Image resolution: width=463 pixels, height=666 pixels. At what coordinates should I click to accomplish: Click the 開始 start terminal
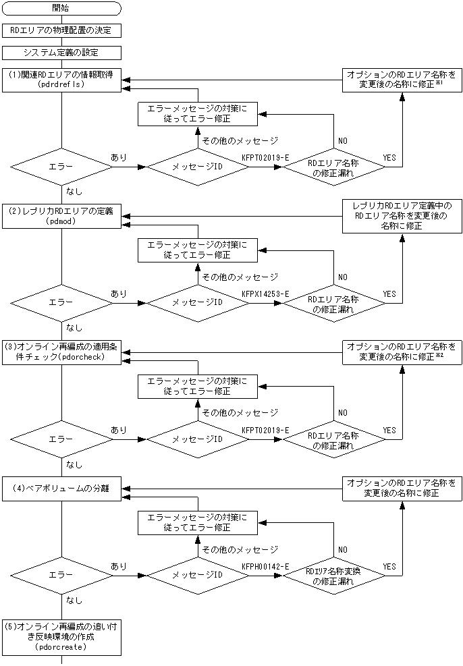[61, 8]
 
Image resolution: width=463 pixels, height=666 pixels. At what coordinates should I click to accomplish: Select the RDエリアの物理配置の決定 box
[61, 30]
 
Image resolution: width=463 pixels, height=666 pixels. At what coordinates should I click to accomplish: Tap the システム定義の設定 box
[61, 52]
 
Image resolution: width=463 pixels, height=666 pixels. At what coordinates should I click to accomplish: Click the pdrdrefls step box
[61, 80]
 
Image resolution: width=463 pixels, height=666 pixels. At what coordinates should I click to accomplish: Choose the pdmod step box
[61, 215]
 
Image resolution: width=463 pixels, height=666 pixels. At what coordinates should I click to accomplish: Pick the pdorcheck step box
[61, 352]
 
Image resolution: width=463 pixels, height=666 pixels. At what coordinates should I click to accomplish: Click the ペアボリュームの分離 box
[61, 488]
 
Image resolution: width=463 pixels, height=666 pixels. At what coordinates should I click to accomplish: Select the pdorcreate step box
[61, 636]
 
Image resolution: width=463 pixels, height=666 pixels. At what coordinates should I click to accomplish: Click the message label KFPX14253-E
[265, 294]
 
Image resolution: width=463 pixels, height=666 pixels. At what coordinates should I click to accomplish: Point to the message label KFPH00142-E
[265, 567]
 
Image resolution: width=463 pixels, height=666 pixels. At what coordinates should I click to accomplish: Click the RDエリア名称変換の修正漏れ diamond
[333, 576]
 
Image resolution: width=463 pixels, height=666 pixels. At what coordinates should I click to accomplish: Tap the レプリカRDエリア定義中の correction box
[402, 216]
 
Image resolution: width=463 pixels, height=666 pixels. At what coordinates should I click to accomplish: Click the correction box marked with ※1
[402, 80]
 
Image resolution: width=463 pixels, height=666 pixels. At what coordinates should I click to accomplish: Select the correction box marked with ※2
[402, 352]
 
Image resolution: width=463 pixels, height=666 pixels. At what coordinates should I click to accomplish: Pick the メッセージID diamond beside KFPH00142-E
[198, 576]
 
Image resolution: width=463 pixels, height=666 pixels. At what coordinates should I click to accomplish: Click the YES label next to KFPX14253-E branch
[389, 294]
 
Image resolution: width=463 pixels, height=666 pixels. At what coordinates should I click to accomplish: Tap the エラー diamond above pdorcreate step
[61, 576]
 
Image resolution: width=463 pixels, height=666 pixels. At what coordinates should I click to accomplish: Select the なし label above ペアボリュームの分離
[75, 464]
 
